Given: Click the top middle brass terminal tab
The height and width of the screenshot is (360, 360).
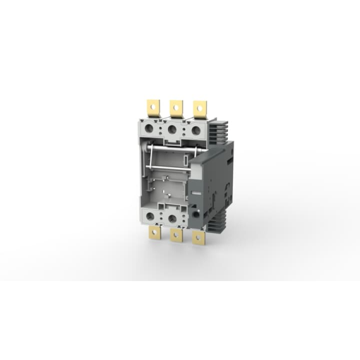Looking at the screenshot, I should point(176,109).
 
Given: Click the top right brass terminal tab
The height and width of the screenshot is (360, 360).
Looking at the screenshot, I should point(200,109).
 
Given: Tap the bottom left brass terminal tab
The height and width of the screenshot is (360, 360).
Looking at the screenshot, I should point(153,234).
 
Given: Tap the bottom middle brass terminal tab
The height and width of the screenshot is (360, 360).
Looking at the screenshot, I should point(176,236).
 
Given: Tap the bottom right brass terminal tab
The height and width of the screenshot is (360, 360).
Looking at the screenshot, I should point(199,237).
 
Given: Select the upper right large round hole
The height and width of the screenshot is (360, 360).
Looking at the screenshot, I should point(196,131).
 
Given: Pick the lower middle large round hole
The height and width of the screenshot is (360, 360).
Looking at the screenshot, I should point(173,219).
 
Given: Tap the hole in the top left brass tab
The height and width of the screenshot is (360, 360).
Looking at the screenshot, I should point(153,106).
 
